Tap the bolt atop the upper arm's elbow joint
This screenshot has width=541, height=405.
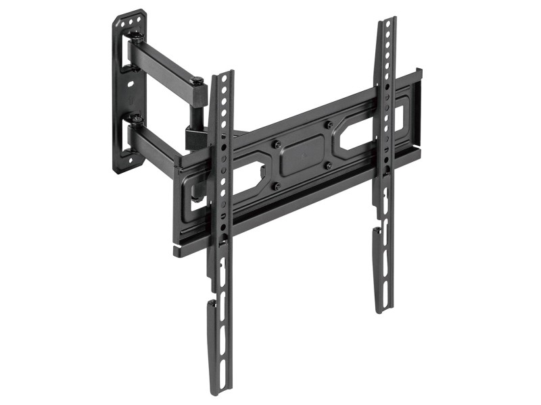pos(197,82)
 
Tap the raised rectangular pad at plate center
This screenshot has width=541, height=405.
pos(302,155)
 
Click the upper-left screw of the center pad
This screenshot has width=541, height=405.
pos(276,143)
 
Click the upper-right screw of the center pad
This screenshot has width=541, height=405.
pos(327,124)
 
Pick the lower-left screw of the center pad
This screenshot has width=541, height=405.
pos(277,185)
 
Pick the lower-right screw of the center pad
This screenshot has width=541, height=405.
pos(328,165)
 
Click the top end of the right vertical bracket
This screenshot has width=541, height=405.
pos(385,24)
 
